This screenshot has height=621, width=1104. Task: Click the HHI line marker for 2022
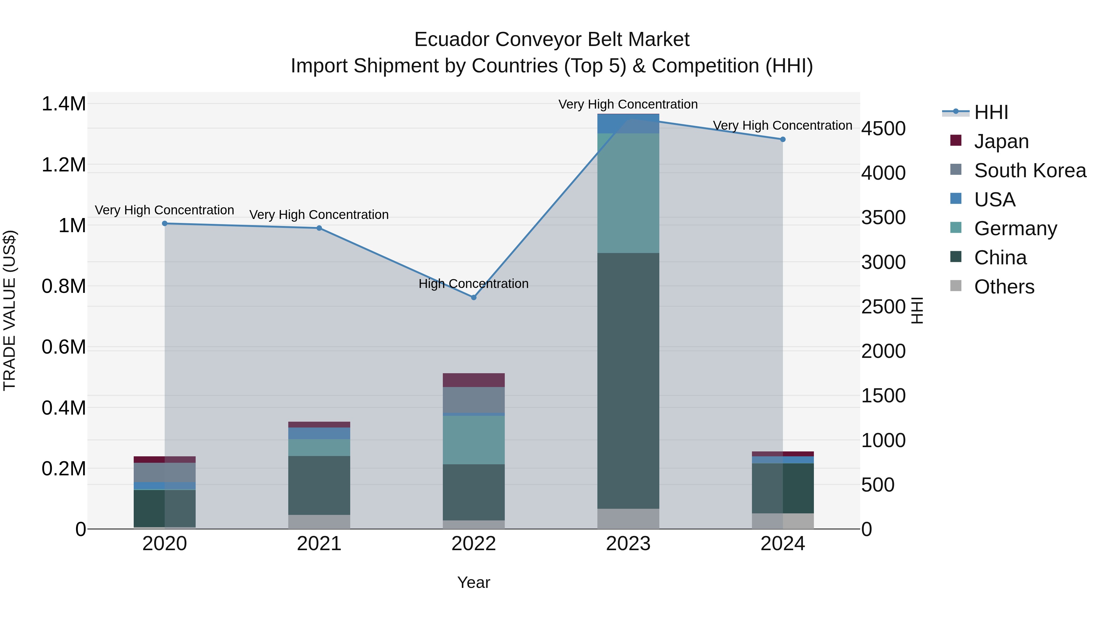point(473,297)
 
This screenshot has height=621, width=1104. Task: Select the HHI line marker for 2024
point(783,139)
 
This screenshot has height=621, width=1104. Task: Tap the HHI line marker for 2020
point(165,223)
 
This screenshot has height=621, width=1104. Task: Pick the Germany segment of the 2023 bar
point(628,193)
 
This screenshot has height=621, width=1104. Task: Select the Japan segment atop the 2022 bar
point(473,380)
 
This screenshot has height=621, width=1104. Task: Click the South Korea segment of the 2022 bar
point(473,400)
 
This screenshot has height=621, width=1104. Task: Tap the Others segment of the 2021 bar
point(319,522)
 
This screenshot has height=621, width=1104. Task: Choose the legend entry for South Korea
point(1029,171)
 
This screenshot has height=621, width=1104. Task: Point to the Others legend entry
point(1004,287)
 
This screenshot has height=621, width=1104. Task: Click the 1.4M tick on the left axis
point(63,104)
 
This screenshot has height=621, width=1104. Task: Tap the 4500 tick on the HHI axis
point(884,128)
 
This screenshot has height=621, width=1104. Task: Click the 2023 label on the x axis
point(628,544)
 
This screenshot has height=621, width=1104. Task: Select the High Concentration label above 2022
point(473,284)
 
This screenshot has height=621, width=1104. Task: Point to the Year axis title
point(473,582)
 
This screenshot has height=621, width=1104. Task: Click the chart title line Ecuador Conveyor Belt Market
point(552,40)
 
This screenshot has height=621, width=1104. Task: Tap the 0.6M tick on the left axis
point(63,347)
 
